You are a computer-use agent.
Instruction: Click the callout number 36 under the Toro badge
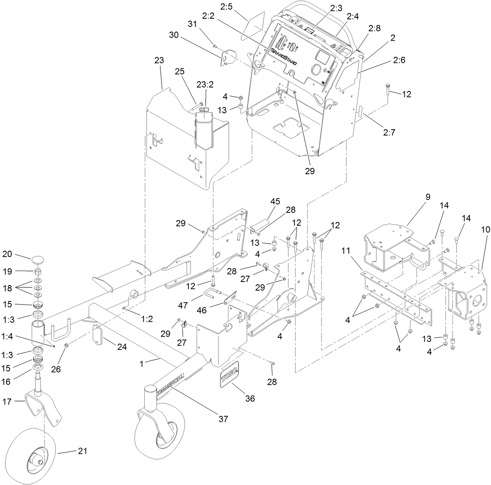250,398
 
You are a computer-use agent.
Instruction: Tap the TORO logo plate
229,377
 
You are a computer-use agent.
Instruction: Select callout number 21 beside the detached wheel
82,451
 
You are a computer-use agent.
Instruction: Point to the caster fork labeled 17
37,406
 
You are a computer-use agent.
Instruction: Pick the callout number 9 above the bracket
428,197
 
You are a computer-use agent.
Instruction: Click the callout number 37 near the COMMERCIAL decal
223,419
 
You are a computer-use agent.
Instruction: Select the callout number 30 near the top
174,34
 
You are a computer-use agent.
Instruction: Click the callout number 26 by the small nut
56,369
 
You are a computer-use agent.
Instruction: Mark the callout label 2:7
389,132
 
